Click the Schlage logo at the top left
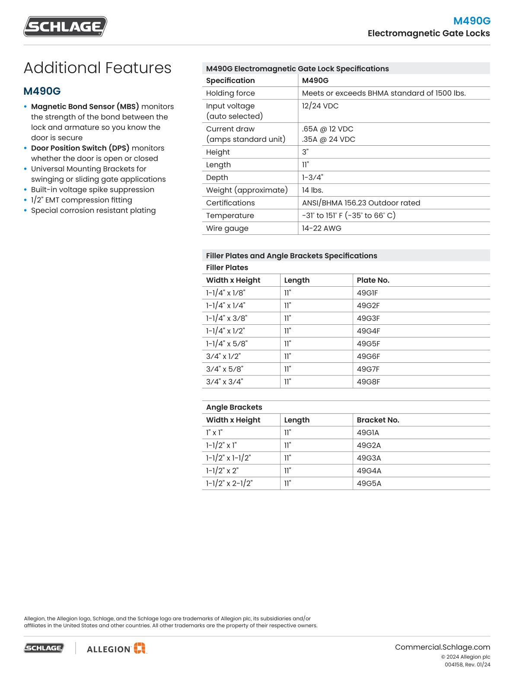coord(65,26)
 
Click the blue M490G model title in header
coord(472,21)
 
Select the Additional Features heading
coord(97,68)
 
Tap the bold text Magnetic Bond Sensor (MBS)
coord(85,106)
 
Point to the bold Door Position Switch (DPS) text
coord(80,148)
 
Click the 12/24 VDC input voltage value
coord(320,106)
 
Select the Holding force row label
coord(230,93)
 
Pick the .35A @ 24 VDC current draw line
coord(328,139)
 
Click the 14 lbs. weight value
coord(312,190)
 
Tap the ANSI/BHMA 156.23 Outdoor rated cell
coord(361,203)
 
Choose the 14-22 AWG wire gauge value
coord(322,228)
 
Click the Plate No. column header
coord(373,280)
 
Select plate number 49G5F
coord(368,344)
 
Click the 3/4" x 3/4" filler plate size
coord(224,382)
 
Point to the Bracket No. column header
coord(378,420)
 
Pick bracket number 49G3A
coord(369,458)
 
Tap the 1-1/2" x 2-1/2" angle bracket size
coord(229,483)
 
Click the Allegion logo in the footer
coord(116,648)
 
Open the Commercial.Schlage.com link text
coord(442,647)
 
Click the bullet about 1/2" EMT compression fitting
coord(81,200)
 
